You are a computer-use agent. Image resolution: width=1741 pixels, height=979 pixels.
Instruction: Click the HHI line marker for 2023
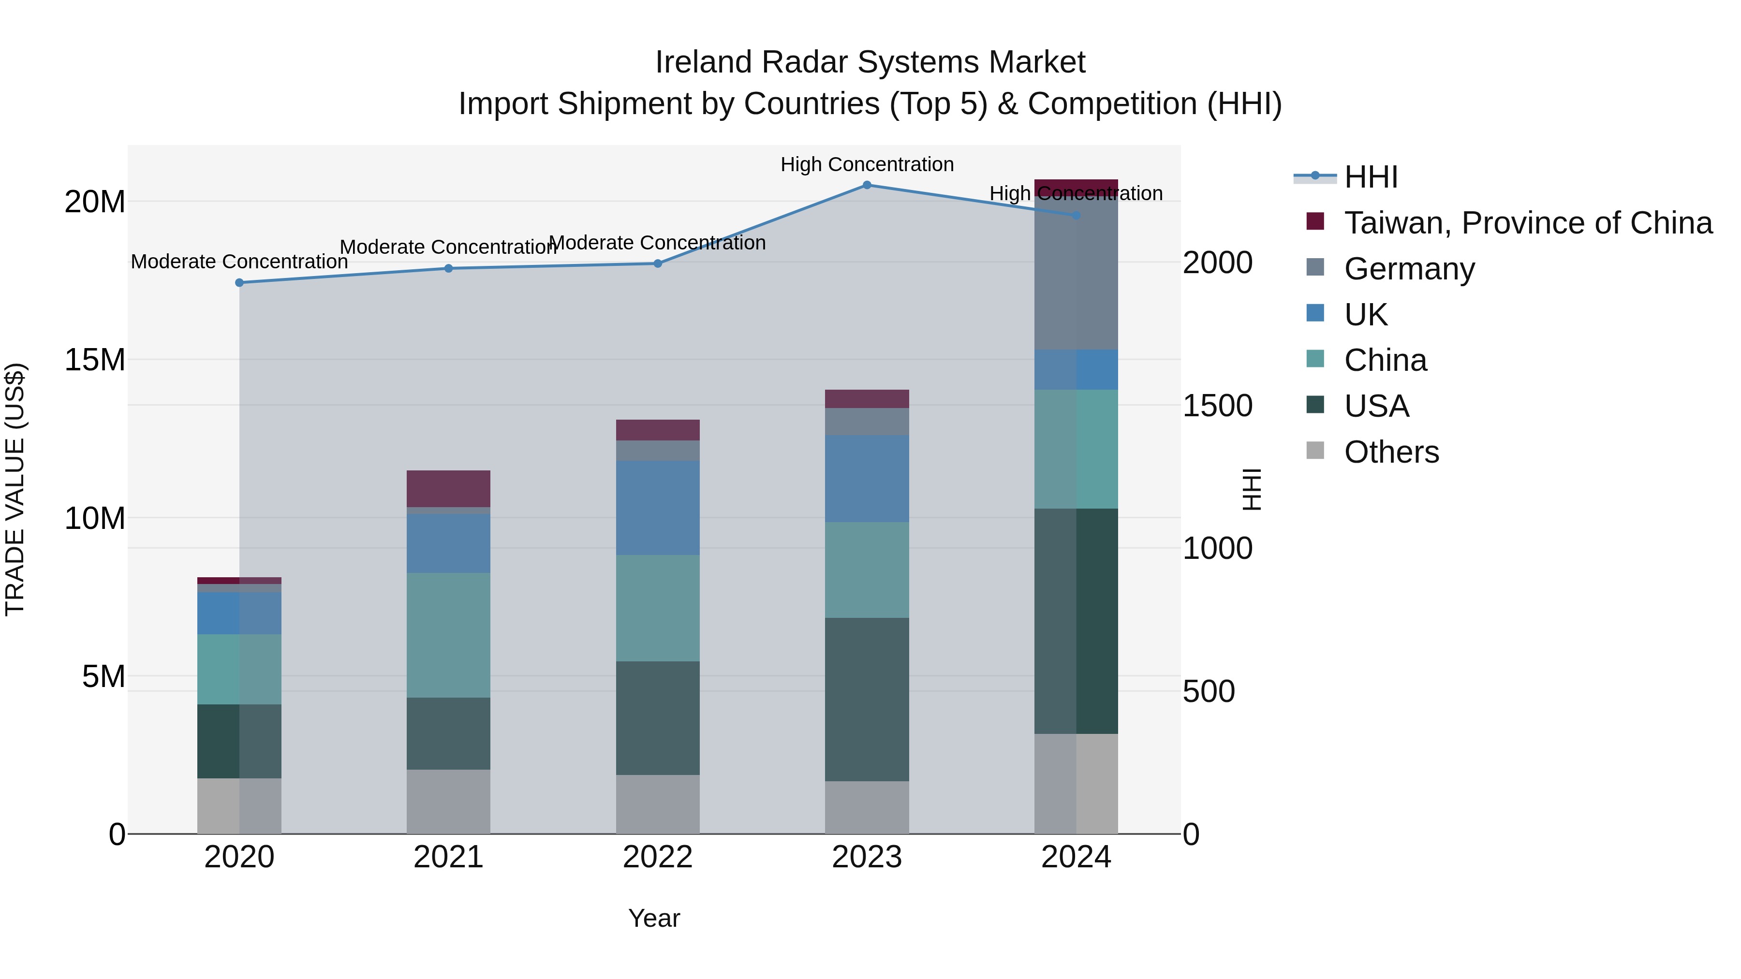[867, 185]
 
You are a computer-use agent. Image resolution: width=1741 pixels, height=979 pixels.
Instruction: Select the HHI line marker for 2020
[239, 282]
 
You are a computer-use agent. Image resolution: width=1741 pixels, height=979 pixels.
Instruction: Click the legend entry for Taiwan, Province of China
[1527, 223]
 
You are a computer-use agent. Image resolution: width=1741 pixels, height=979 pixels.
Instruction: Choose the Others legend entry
[1391, 452]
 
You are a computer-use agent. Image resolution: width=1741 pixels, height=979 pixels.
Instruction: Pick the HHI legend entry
[1371, 177]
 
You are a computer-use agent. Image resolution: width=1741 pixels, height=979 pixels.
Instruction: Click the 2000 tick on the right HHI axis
[1217, 263]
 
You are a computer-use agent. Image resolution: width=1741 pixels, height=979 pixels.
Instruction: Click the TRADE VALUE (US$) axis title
[15, 489]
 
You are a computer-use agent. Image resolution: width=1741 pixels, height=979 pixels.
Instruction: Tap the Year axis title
[653, 918]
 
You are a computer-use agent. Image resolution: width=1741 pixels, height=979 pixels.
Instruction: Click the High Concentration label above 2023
[867, 164]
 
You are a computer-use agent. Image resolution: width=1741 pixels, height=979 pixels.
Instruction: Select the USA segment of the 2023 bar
[867, 699]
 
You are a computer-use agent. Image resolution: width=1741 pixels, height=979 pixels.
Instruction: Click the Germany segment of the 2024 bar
[1076, 274]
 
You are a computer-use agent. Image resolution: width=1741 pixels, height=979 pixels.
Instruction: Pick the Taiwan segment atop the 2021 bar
[448, 488]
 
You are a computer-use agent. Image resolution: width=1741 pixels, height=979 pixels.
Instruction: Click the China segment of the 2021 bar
[448, 635]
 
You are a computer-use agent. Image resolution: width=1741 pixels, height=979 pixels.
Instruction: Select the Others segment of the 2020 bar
[239, 805]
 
